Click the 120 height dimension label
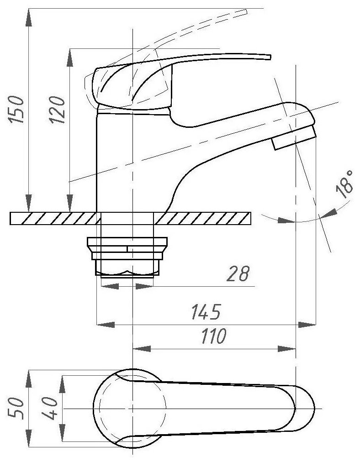coord(58,110)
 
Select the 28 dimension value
coord(238,274)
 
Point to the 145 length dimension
coord(205,312)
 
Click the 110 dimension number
coord(213,337)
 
